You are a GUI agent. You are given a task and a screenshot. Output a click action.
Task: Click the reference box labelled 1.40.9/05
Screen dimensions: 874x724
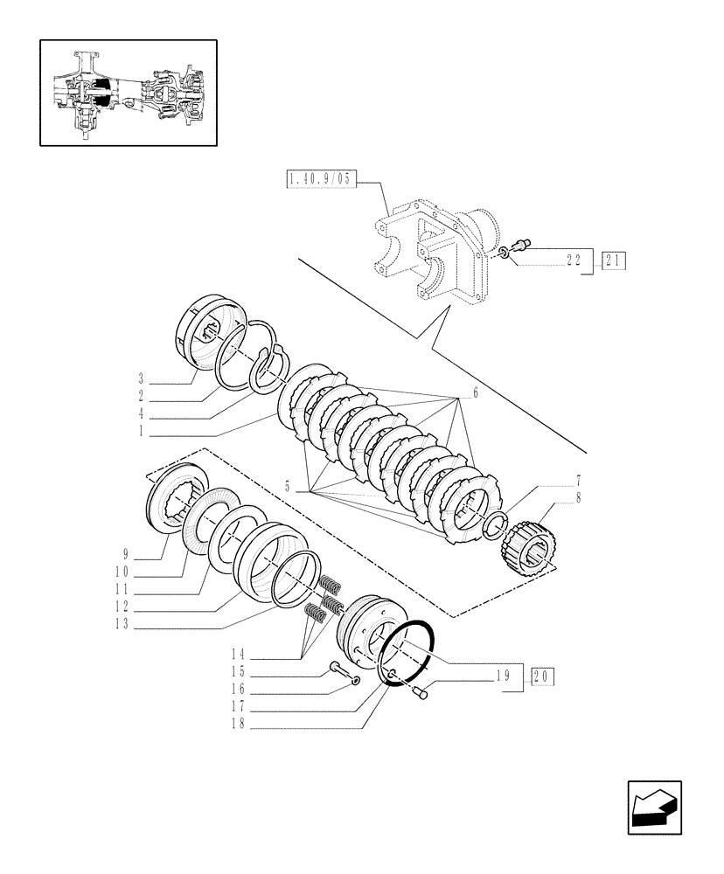pyautogui.click(x=321, y=181)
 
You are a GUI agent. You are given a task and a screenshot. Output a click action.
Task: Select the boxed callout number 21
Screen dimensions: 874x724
pyautogui.click(x=613, y=260)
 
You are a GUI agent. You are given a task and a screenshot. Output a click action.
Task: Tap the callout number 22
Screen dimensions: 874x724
pyautogui.click(x=574, y=260)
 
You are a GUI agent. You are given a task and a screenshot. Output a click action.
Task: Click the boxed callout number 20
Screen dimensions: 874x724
pyautogui.click(x=541, y=676)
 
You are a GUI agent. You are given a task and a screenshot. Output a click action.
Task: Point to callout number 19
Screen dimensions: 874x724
pyautogui.click(x=502, y=676)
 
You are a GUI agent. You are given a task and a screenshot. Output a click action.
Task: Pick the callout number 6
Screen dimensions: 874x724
pyautogui.click(x=475, y=394)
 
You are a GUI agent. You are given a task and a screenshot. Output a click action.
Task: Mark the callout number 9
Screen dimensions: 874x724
pyautogui.click(x=126, y=554)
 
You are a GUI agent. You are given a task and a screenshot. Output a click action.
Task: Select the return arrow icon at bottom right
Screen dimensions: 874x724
pyautogui.click(x=653, y=808)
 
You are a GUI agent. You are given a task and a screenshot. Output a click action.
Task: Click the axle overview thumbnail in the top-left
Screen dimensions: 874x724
pyautogui.click(x=128, y=92)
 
